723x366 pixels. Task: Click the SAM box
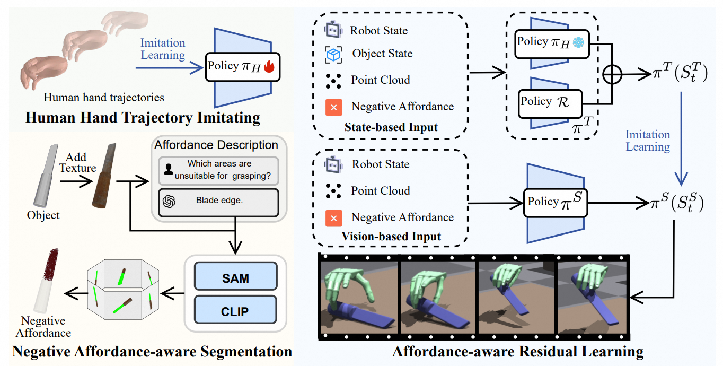(x=235, y=278)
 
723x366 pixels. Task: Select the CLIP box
(x=235, y=311)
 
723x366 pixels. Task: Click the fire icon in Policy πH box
(x=270, y=67)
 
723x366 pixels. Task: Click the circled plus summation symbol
(x=612, y=75)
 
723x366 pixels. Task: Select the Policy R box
(x=549, y=101)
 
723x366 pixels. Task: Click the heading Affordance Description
(x=216, y=145)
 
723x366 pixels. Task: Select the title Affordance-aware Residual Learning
(x=517, y=351)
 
